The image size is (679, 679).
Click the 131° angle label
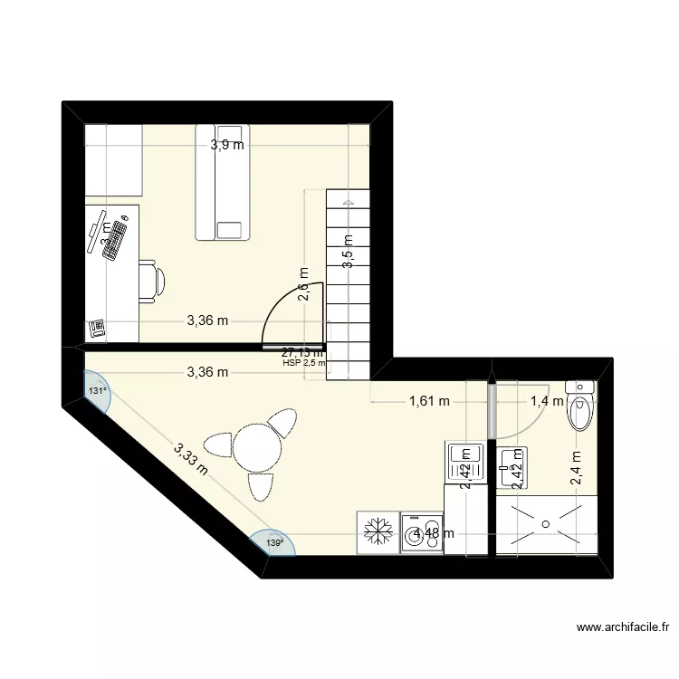coord(97,390)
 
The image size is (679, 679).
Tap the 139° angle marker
coord(274,543)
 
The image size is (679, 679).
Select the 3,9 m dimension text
coord(227,145)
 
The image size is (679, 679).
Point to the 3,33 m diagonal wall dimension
coord(191,458)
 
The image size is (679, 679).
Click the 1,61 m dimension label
coord(429,402)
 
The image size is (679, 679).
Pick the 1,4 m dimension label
coord(547,402)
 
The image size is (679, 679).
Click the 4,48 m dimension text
coord(433,533)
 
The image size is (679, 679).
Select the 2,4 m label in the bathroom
coord(576,470)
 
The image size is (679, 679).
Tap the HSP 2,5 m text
coord(304,364)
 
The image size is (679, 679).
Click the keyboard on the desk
coord(116,240)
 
